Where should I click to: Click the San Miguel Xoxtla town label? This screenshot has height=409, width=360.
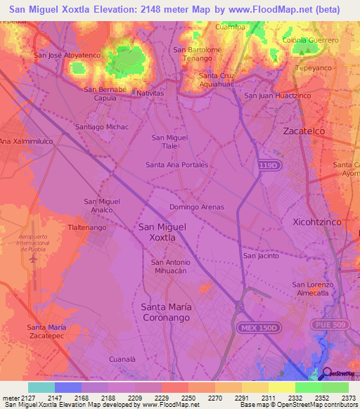coord(162,232)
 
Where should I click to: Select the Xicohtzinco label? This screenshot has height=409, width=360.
coord(316,221)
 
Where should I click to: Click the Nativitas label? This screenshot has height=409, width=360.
coord(150,93)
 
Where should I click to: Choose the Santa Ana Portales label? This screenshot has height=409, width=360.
coord(176,164)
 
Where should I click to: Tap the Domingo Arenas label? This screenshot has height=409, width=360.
coord(197,207)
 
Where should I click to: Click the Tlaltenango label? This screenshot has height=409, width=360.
coord(86,228)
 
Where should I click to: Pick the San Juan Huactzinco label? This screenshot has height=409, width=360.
coord(277,96)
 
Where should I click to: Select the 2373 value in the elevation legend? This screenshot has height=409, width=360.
coord(348,397)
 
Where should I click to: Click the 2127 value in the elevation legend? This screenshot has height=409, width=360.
coord(27,397)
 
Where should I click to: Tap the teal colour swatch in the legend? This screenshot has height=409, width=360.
coord(41,387)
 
